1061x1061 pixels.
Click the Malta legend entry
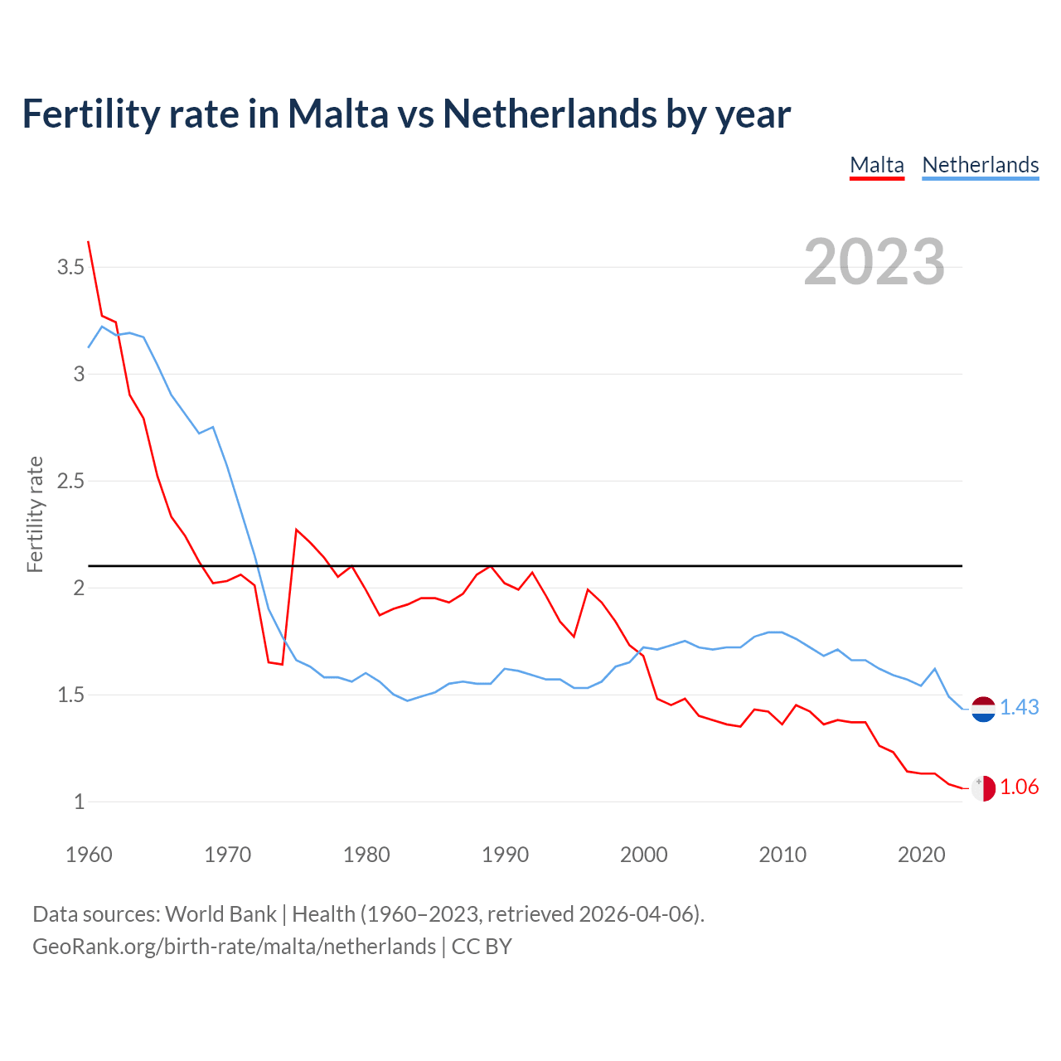click(877, 165)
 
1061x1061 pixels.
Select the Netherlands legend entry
click(980, 165)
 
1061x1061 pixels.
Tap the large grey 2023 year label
click(874, 262)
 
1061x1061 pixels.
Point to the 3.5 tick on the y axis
click(70, 267)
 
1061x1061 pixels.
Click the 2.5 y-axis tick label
click(70, 481)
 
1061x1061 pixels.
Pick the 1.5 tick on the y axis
click(70, 695)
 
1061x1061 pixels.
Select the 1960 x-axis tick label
click(89, 855)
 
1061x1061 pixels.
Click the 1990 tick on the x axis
click(505, 855)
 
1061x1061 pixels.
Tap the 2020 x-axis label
click(921, 855)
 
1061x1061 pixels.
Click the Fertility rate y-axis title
click(35, 514)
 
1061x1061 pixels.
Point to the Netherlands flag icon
click(982, 709)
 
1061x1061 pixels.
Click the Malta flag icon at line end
click(982, 788)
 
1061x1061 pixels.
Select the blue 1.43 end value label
click(1019, 707)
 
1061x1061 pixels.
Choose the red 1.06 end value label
click(1019, 787)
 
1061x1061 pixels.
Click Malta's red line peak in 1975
click(297, 530)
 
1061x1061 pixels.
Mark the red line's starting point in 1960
click(89, 242)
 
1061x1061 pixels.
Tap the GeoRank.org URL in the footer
click(234, 946)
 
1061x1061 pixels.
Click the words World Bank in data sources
click(220, 913)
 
